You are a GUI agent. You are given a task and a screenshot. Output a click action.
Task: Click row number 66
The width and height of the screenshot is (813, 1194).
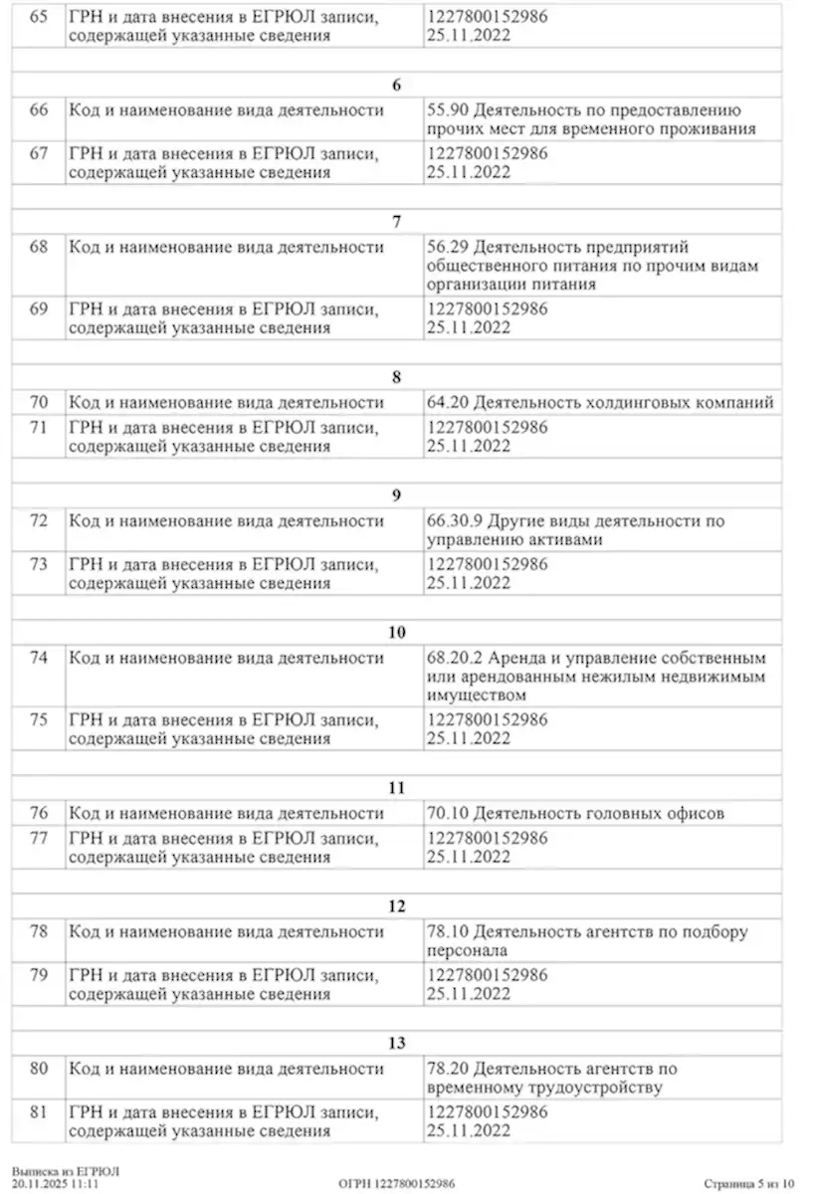point(39,110)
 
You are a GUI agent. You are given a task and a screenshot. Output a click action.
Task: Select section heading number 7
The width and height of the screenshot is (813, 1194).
point(397,221)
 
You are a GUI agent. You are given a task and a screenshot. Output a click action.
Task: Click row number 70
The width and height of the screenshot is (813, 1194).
point(39,403)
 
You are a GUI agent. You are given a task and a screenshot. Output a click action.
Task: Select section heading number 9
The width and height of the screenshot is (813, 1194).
point(397,495)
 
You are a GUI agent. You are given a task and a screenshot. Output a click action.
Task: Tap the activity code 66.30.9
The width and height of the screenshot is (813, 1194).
point(454,520)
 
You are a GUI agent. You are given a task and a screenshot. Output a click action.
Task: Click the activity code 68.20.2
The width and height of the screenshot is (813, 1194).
point(454,659)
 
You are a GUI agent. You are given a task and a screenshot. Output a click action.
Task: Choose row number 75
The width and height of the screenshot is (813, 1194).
point(39,719)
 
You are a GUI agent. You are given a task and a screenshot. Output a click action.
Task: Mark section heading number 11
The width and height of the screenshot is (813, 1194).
point(397,788)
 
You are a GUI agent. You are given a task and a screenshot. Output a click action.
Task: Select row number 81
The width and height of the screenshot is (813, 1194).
point(39,1111)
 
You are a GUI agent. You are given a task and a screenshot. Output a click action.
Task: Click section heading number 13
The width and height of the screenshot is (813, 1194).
point(397,1043)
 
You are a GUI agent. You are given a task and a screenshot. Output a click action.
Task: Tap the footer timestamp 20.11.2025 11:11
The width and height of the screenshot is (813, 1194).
point(56,1184)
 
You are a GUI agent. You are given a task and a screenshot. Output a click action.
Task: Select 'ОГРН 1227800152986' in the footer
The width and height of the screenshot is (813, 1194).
point(397,1184)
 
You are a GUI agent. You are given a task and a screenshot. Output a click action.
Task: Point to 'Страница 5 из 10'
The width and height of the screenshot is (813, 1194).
point(748,1184)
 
